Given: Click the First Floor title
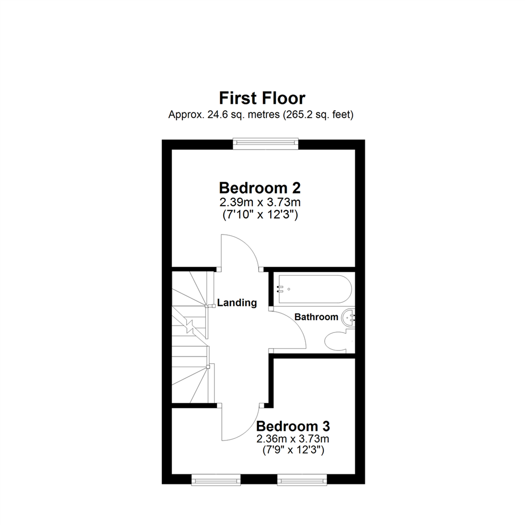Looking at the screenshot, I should click(262, 98).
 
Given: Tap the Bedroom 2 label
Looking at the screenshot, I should click(260, 187).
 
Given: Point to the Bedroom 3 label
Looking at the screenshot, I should click(293, 426).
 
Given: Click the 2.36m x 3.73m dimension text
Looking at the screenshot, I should click(293, 439).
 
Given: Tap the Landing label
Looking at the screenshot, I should click(237, 303).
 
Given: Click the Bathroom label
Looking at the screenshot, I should click(316, 317).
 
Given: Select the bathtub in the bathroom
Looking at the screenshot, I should click(314, 289).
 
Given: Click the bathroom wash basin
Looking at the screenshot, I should click(349, 318).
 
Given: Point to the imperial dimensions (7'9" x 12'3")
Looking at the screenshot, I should click(293, 451).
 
